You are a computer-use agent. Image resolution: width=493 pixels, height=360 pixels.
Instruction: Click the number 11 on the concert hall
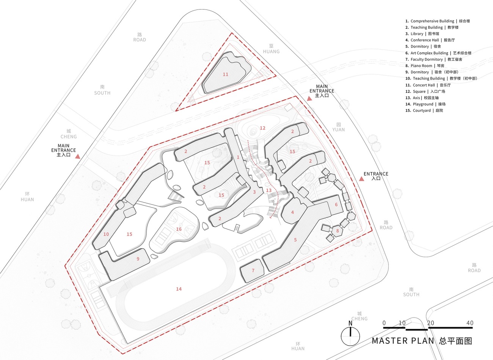tap(225, 74)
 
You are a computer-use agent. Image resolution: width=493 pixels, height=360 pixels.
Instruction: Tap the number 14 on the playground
tap(179, 289)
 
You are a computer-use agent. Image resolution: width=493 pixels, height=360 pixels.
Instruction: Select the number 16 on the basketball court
tap(179, 229)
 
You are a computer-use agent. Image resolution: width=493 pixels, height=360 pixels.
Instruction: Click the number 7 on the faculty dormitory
tap(253, 270)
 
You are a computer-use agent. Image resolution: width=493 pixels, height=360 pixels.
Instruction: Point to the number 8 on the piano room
tap(338, 231)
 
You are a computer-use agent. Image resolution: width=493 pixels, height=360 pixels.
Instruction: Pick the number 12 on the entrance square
tap(262, 128)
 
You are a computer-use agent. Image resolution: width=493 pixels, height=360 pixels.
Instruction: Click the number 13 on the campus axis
tap(269, 190)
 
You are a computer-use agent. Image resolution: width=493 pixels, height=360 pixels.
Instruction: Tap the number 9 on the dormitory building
tap(138, 259)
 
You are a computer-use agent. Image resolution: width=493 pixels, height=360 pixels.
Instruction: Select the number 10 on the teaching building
tap(106, 234)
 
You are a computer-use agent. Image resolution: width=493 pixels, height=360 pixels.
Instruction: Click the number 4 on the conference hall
tap(292, 212)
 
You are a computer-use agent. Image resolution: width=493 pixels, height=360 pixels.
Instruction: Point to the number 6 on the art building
tap(336, 204)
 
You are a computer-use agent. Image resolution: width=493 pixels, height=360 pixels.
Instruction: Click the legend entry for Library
tap(422, 34)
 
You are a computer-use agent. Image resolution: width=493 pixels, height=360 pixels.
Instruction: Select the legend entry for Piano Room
tap(425, 66)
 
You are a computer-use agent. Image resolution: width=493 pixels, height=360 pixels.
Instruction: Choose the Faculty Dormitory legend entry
tap(434, 59)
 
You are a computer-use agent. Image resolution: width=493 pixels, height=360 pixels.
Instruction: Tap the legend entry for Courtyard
tap(424, 110)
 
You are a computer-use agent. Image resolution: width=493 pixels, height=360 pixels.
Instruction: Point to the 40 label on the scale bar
tap(469, 323)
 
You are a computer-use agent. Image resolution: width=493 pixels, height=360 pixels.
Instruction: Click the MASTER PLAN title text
tap(403, 341)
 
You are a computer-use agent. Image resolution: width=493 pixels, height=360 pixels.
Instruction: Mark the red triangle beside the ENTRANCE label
tap(361, 179)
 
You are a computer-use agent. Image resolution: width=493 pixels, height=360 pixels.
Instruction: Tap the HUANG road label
tap(271, 52)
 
